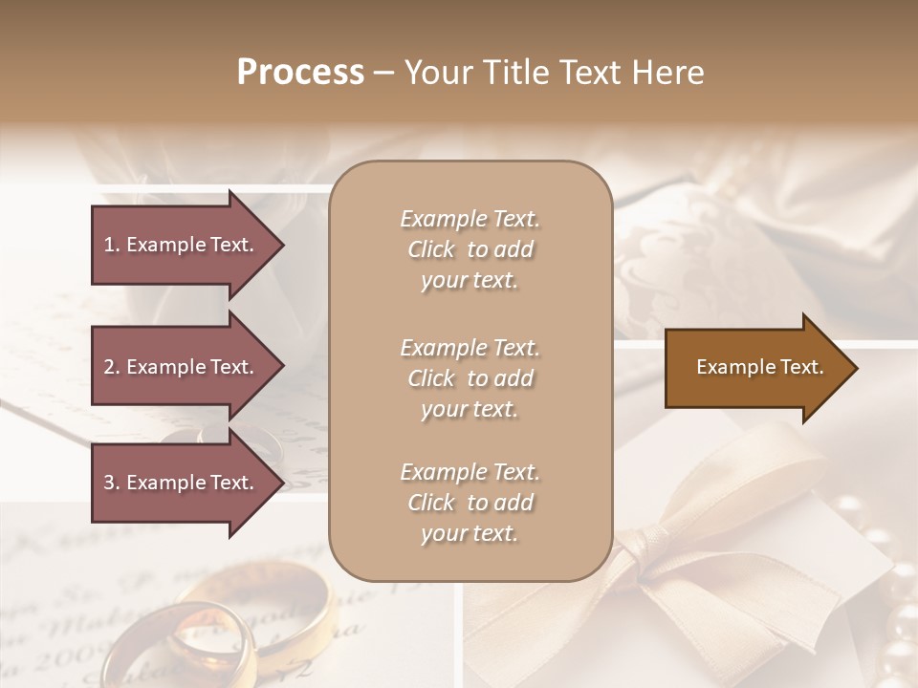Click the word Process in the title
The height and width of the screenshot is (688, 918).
[300, 73]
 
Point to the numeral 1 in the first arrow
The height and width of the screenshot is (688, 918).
[108, 245]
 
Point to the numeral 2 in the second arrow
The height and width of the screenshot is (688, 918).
[108, 367]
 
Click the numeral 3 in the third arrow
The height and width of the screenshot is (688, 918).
[108, 483]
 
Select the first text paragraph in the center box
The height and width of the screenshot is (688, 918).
[470, 249]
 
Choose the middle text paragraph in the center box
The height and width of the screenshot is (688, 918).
[470, 378]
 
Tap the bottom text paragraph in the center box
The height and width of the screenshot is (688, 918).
[470, 503]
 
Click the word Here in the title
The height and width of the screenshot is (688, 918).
[670, 73]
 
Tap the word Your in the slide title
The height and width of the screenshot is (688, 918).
[435, 73]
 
